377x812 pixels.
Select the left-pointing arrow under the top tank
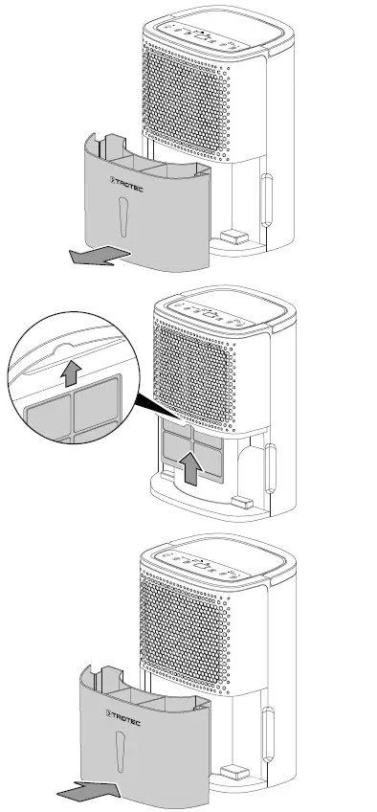99,255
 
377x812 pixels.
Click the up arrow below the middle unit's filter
192,468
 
